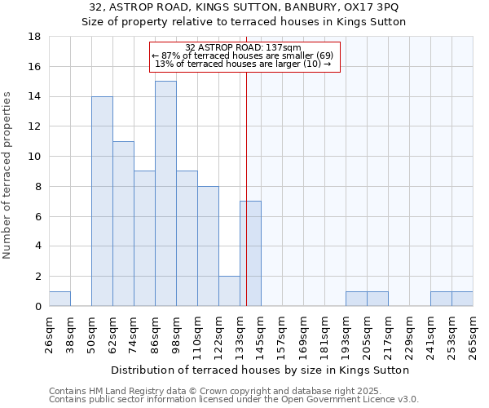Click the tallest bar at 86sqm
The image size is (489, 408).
[165, 193]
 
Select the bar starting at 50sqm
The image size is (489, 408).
[102, 201]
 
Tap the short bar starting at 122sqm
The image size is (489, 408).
[229, 291]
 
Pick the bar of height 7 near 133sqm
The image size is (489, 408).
[250, 254]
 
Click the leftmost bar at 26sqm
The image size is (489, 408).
[59, 299]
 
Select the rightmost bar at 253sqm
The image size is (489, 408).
[462, 299]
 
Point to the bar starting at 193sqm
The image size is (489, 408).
[356, 299]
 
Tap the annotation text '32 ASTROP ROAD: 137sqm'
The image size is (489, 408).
[243, 48]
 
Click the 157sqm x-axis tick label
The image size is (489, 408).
[282, 332]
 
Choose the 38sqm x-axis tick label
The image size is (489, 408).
[70, 332]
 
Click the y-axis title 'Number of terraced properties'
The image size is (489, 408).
[9, 175]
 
